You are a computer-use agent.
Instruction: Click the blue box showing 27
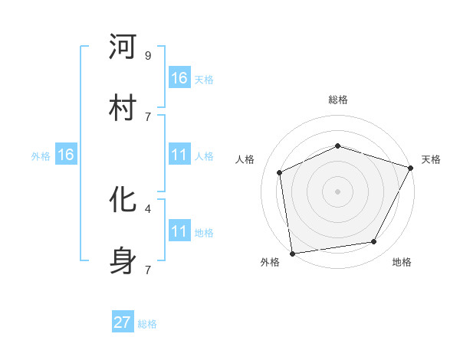123,322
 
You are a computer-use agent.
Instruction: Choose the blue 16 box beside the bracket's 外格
66,155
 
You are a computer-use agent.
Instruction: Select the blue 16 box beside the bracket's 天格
179,78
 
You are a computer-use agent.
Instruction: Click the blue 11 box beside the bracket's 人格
179,155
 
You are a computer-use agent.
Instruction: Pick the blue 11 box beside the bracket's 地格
179,231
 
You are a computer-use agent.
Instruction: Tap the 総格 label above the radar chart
337,100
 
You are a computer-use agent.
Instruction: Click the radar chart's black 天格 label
431,159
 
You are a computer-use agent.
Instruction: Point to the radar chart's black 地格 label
402,262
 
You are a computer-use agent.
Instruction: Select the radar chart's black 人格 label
245,159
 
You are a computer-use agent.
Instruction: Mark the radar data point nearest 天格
411,168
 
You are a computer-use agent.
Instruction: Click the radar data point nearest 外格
292,253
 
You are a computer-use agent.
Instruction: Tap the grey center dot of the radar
337,191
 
